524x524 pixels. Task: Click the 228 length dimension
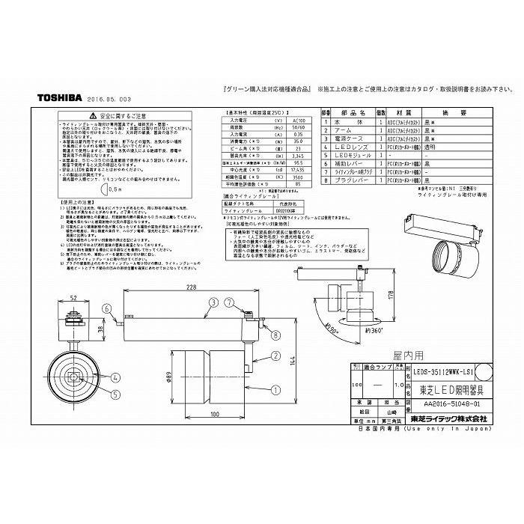point(192,287)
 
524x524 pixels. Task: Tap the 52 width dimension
point(73,299)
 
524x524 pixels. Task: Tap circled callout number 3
point(213,302)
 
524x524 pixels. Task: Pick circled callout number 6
point(107,308)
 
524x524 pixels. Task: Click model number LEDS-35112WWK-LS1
point(442,371)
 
